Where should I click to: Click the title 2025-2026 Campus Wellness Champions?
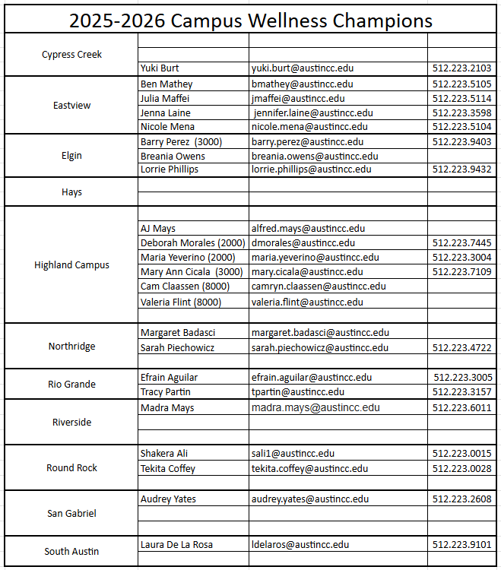[251, 20]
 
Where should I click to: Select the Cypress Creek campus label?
[71, 55]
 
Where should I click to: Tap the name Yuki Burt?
[160, 68]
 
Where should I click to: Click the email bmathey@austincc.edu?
[302, 84]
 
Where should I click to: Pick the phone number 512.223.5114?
[461, 98]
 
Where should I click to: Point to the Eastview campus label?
[71, 106]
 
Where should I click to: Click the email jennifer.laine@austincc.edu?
[313, 112]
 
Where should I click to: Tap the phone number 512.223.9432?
[461, 169]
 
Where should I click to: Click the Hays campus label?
[71, 192]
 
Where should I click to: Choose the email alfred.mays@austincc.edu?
[308, 228]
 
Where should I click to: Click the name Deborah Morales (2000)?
[192, 243]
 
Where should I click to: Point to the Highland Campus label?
[71, 265]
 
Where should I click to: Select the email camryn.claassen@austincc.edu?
[319, 287]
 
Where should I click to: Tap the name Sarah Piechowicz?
[177, 348]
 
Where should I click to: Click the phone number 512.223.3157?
[461, 392]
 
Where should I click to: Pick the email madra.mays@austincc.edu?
[316, 408]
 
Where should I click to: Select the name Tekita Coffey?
[168, 469]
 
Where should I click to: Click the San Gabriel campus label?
[71, 514]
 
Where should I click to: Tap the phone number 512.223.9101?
[461, 545]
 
